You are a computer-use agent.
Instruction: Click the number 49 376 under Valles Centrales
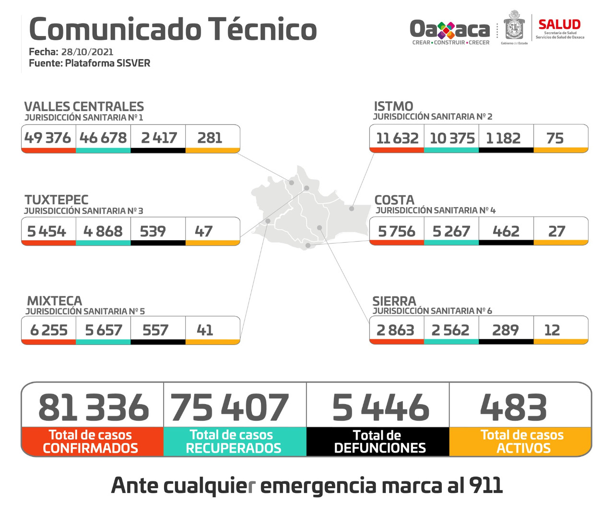click(47, 138)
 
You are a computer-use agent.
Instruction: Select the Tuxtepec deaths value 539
click(153, 232)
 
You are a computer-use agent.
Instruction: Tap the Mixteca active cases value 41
click(205, 330)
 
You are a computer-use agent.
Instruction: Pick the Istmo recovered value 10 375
click(452, 138)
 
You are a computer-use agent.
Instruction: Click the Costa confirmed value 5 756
click(397, 232)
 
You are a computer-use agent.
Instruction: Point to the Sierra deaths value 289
click(505, 330)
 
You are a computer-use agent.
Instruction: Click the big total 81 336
click(94, 407)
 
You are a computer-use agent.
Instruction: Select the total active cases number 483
click(513, 407)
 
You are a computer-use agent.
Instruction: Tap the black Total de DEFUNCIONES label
click(379, 442)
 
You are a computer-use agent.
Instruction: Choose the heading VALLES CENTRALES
click(84, 107)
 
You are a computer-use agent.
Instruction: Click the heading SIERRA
click(394, 301)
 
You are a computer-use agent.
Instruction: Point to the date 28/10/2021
click(87, 52)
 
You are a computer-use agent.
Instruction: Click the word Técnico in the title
click(262, 29)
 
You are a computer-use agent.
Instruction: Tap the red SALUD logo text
click(559, 25)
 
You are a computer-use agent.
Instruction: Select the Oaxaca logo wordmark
click(449, 30)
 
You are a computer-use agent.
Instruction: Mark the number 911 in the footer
click(486, 485)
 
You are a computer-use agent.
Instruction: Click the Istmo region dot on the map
click(352, 209)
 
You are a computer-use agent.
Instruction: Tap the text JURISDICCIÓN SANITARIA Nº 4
click(436, 210)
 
